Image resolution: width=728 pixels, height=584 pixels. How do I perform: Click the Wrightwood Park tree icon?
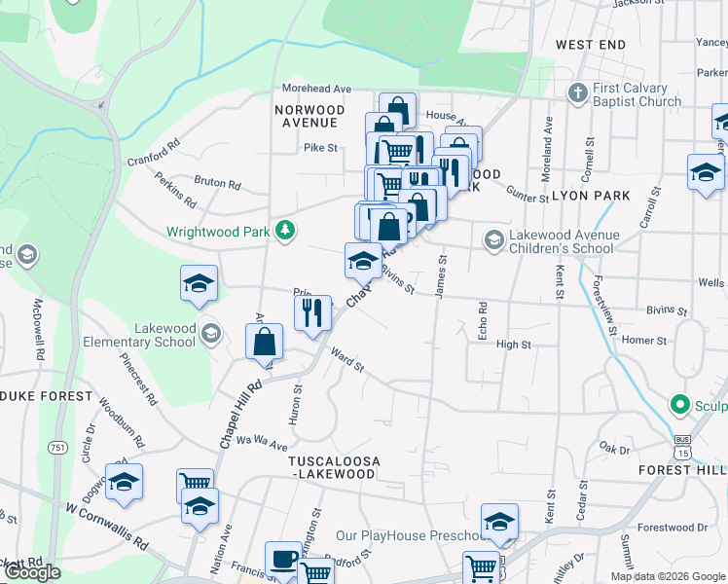tap(285, 231)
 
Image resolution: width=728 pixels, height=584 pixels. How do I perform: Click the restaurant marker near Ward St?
tap(312, 313)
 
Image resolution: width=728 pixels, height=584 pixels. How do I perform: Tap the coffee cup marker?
tap(283, 559)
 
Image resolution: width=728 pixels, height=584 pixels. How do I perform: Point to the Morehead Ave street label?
tap(315, 89)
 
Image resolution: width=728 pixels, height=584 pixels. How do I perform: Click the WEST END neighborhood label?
tap(591, 45)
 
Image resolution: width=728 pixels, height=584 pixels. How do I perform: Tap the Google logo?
tap(31, 573)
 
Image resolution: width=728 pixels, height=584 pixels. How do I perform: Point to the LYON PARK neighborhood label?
tap(591, 196)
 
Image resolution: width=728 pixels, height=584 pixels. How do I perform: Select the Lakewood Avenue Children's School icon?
tap(493, 239)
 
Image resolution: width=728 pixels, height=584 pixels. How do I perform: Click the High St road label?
tap(513, 345)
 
